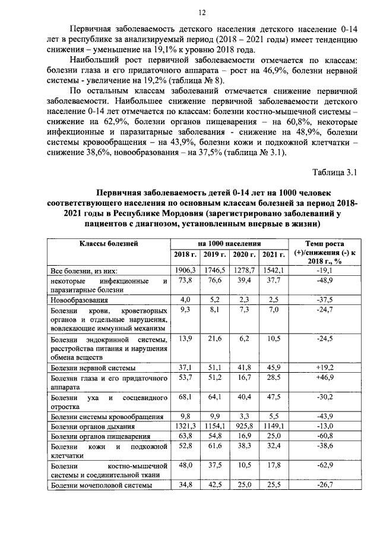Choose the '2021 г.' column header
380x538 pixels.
tap(273, 254)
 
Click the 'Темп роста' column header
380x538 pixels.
tap(324, 244)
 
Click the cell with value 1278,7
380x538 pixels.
tap(243, 270)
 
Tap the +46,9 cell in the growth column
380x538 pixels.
tap(324, 377)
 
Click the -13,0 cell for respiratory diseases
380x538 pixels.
tap(324, 426)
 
